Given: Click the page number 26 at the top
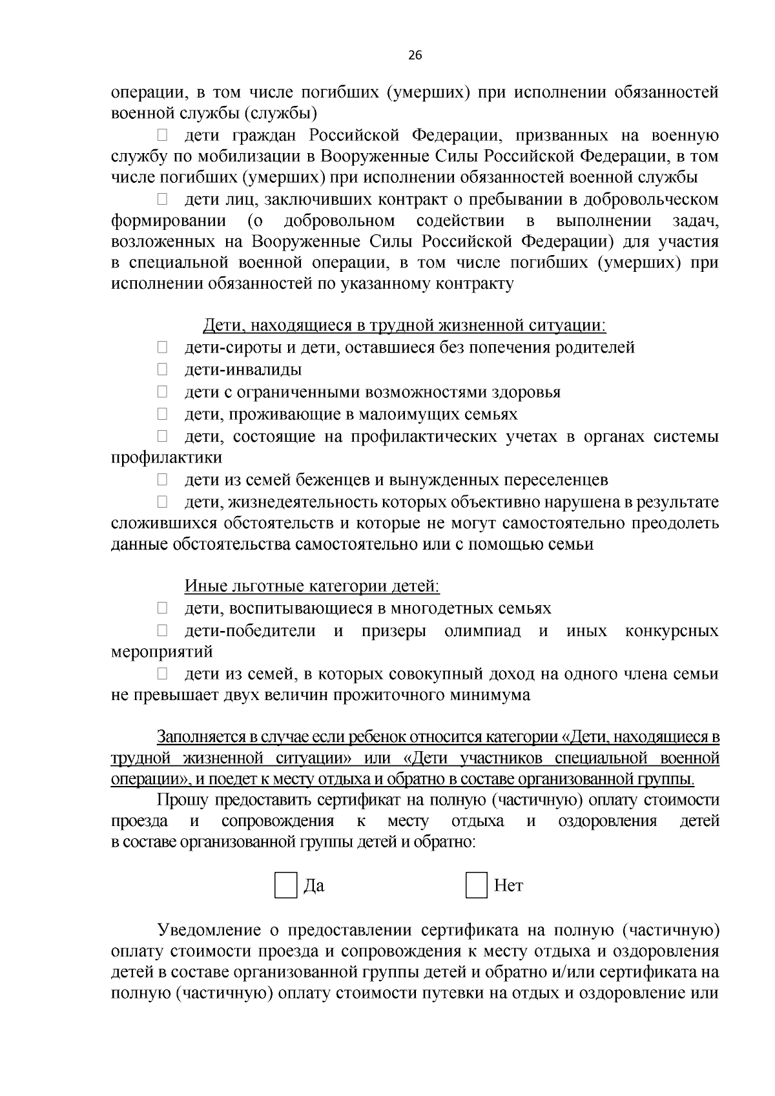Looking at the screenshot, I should pos(415,56).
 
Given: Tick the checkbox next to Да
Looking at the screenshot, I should pos(285,885).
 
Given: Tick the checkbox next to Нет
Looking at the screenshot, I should pos(476,885).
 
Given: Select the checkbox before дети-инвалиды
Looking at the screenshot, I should pos(162,370).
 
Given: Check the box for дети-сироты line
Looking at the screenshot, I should pos(162,348).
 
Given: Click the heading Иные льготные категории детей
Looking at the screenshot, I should pos(312,586).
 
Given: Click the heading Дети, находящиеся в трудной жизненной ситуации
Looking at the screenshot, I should pos(405,326).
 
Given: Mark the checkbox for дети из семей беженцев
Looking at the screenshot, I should pos(162,480).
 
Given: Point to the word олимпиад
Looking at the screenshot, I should pos(482,631).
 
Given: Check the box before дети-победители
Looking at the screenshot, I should pos(162,630).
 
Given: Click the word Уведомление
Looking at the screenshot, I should pos(208,930).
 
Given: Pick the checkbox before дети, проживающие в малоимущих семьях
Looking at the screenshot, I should pos(162,414).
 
